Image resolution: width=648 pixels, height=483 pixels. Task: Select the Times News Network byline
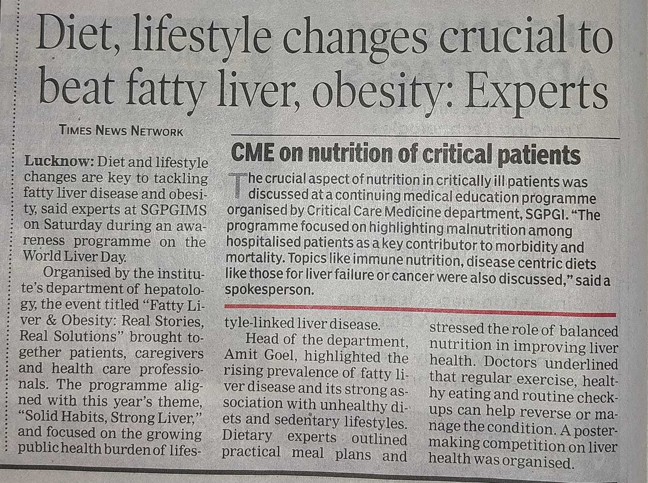[121, 130]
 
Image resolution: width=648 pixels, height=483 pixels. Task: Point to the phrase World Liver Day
[75, 256]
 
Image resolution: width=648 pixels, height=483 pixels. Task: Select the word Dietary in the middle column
[247, 436]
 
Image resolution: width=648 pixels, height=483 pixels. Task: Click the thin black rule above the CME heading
[425, 136]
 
